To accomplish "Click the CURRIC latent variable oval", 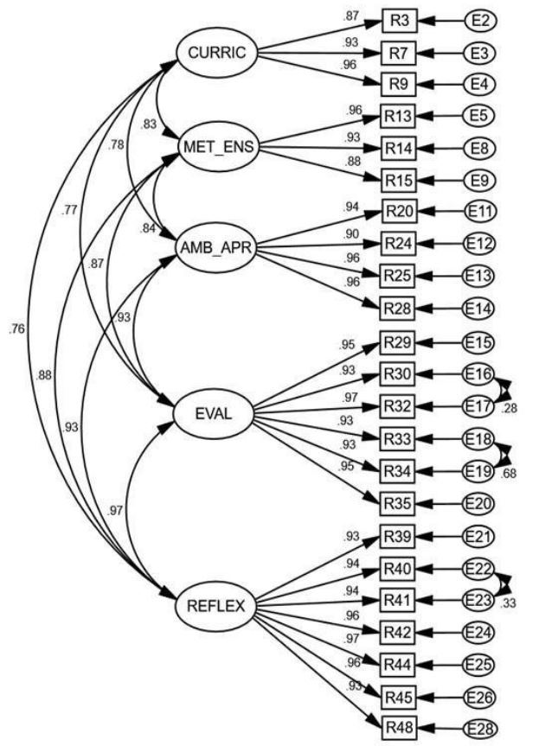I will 217,53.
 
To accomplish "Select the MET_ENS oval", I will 217,146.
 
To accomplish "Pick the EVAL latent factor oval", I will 212,415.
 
